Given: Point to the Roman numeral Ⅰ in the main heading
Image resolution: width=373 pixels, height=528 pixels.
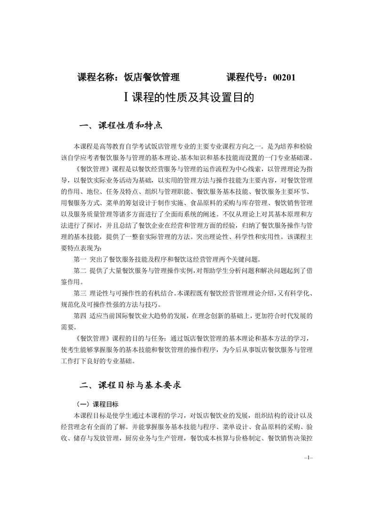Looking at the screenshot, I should [x=126, y=97].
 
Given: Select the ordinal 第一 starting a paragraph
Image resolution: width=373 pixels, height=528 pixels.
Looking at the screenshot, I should [x=80, y=259].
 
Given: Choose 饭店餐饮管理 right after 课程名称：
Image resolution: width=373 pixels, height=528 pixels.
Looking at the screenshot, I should [x=151, y=78].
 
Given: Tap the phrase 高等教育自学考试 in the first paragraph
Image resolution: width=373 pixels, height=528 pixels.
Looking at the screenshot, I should [x=123, y=146].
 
